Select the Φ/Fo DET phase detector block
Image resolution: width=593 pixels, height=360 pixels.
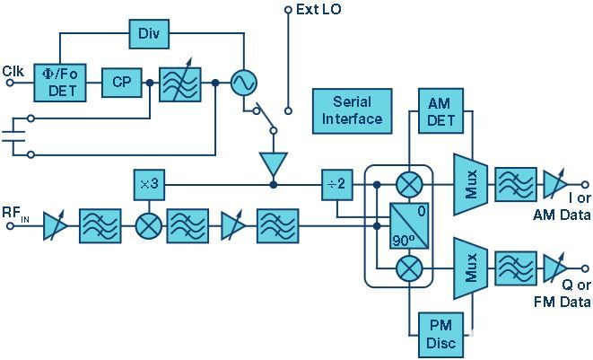click(x=57, y=83)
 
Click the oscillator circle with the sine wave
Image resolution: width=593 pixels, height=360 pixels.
click(x=241, y=83)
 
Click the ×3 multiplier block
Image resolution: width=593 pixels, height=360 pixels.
click(x=147, y=185)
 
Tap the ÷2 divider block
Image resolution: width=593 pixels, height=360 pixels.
click(x=338, y=185)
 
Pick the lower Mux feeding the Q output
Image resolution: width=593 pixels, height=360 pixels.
click(x=470, y=266)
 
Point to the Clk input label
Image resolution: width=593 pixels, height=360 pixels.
click(x=13, y=71)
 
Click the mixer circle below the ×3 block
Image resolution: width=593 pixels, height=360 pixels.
click(x=147, y=225)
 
